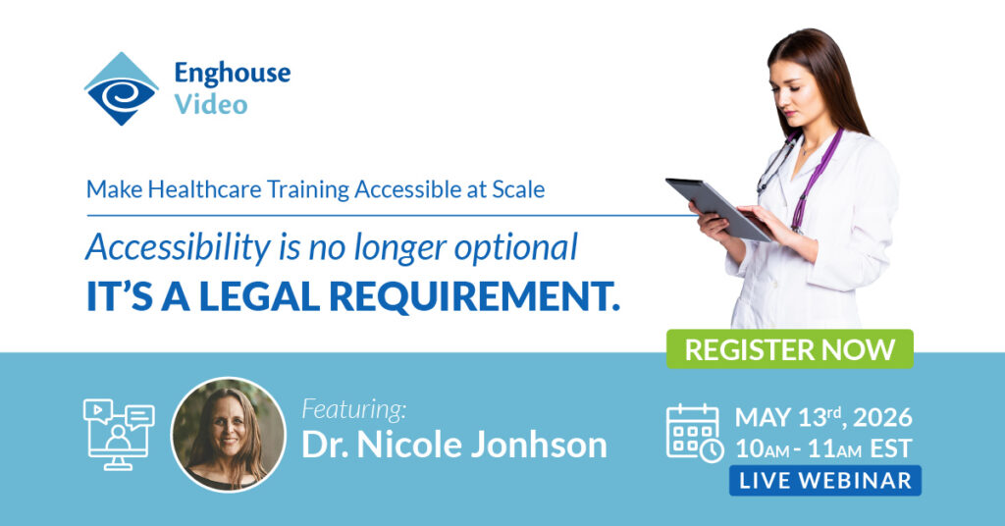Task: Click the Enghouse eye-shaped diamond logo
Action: coord(121,88)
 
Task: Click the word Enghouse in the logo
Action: coord(232,73)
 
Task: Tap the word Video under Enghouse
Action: coord(211,104)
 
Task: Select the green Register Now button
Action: coord(789,349)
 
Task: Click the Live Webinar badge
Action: coord(824,481)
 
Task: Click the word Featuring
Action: coord(353,409)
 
